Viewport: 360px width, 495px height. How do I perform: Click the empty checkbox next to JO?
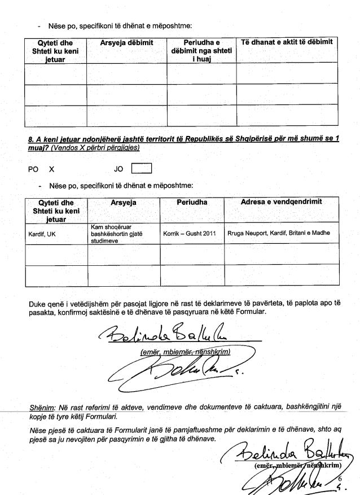click(x=141, y=168)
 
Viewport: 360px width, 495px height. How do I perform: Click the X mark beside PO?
click(x=51, y=168)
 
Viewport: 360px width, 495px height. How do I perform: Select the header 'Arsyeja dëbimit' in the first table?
click(x=126, y=43)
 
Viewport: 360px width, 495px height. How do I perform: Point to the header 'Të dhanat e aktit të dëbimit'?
click(x=287, y=43)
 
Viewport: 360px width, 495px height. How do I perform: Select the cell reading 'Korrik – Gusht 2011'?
click(x=189, y=233)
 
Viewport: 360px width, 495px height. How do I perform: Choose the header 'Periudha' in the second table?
click(x=192, y=202)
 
